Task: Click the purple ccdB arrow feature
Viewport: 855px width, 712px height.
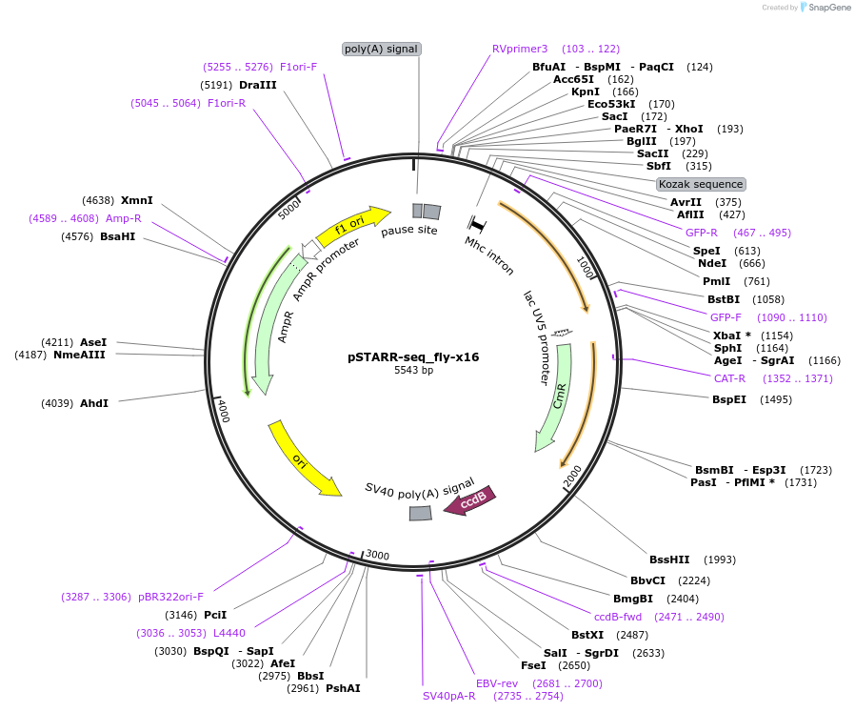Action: (469, 499)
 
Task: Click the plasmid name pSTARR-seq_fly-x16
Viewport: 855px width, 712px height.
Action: (413, 357)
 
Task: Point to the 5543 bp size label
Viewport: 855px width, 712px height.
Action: (413, 371)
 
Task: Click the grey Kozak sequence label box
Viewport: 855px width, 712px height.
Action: (701, 184)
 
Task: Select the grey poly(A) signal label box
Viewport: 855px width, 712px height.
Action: (381, 49)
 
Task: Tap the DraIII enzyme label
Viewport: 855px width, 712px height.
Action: (257, 85)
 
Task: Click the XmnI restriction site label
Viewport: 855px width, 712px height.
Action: (137, 200)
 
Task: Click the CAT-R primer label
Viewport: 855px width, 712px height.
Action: (729, 378)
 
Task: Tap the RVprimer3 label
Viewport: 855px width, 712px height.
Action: (520, 49)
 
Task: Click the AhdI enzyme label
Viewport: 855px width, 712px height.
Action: (93, 403)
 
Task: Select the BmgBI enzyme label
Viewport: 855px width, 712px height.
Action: (633, 599)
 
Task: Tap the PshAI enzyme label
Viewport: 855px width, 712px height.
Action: (343, 687)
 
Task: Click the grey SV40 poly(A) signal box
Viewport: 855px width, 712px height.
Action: (420, 514)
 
